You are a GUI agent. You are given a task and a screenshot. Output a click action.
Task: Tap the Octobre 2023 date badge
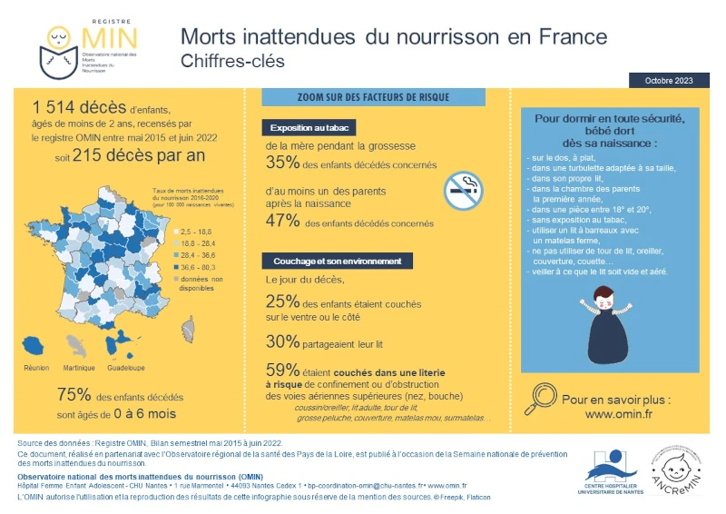click(669, 81)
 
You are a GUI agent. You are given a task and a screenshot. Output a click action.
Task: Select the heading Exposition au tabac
click(308, 128)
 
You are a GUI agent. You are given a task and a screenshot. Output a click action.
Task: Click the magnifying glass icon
click(543, 395)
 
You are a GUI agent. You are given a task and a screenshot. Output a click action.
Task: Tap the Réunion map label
click(35, 368)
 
